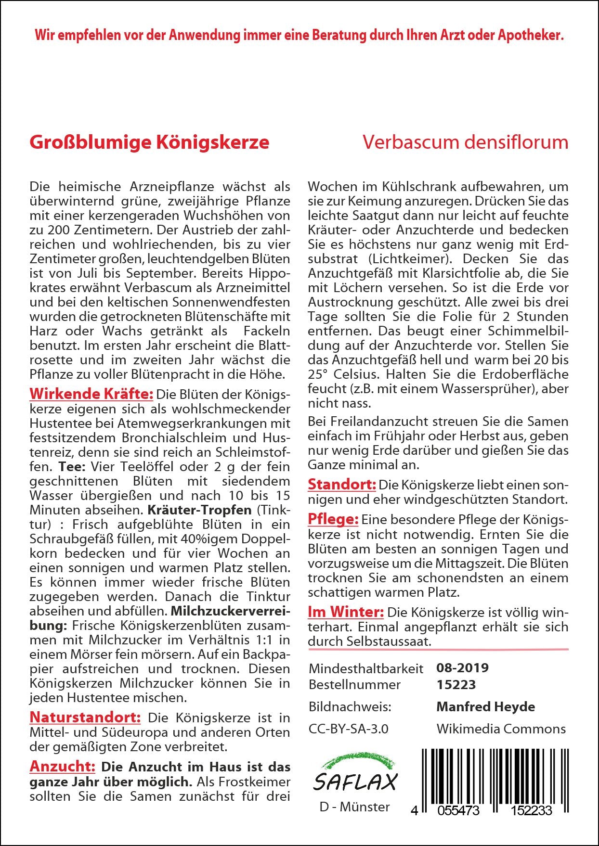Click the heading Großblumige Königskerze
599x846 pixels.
click(149, 142)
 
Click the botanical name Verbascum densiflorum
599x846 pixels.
click(465, 142)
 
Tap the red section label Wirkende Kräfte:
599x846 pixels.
click(91, 394)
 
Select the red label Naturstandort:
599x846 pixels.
click(85, 717)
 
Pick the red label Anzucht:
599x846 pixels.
click(63, 766)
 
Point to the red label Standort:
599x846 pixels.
click(342, 484)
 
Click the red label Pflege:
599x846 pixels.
click(333, 519)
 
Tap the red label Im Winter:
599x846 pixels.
click(346, 612)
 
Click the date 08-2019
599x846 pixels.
click(462, 667)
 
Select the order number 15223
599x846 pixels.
click(456, 684)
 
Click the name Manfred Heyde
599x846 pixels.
click(485, 706)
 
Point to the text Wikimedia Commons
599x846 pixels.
click(501, 729)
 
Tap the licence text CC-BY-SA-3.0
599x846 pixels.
click(349, 729)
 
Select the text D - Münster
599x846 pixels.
click(355, 807)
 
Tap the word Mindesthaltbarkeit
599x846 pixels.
click(366, 668)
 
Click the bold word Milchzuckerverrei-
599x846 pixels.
click(231, 611)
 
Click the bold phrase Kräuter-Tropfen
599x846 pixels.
click(200, 510)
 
